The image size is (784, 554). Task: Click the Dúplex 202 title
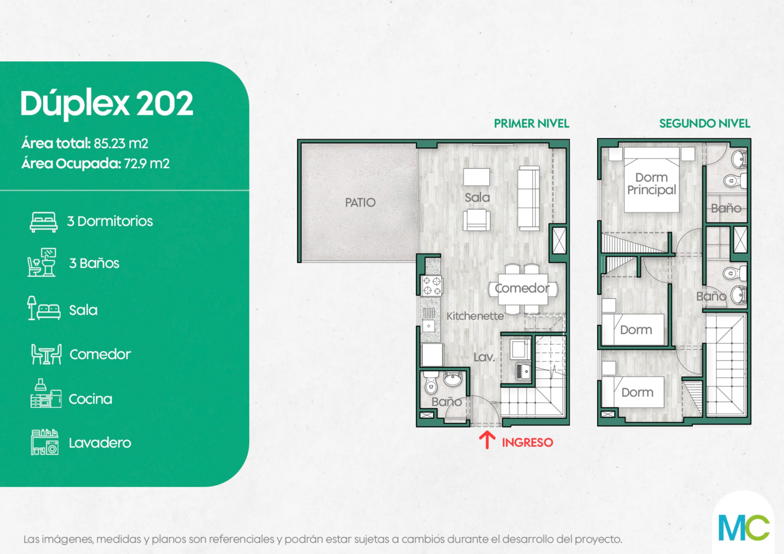(x=107, y=104)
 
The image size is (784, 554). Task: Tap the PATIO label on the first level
(x=360, y=202)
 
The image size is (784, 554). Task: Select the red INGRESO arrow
(x=487, y=440)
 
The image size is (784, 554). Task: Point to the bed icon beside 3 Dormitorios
(x=43, y=222)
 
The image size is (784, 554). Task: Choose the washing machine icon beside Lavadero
(x=45, y=442)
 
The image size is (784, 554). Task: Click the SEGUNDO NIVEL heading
(x=705, y=124)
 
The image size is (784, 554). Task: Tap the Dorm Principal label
(x=651, y=184)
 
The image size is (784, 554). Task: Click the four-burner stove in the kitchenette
(x=432, y=286)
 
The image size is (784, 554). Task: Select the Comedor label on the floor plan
(x=522, y=288)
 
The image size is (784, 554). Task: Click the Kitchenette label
(x=475, y=316)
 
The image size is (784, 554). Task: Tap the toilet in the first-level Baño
(x=431, y=384)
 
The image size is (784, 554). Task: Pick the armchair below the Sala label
(x=477, y=220)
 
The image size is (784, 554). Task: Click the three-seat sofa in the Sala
(x=529, y=198)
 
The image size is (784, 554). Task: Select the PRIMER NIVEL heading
(x=532, y=124)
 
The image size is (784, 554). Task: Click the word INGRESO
(x=527, y=443)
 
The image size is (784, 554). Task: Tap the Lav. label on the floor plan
(x=484, y=357)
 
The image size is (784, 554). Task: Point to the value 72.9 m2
(x=146, y=164)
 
